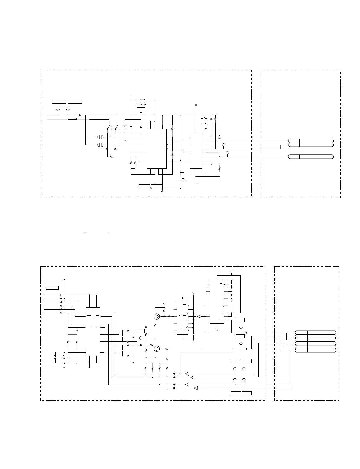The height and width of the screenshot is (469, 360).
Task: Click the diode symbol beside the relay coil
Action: [x=140, y=127]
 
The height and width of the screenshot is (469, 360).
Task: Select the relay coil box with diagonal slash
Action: [x=125, y=127]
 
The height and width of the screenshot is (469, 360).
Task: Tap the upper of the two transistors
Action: [x=157, y=316]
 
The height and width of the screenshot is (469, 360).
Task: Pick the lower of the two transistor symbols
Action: [x=157, y=349]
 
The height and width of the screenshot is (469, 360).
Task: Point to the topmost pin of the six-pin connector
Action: [x=316, y=333]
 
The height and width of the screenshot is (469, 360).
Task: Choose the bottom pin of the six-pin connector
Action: [x=316, y=350]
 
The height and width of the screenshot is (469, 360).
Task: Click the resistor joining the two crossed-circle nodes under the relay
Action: [x=111, y=157]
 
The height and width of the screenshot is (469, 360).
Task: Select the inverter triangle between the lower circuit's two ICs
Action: [x=199, y=317]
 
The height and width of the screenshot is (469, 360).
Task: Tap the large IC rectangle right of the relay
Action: [x=157, y=149]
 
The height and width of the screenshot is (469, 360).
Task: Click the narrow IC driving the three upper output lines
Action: [x=196, y=151]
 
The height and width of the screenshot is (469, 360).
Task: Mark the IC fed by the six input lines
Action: [x=93, y=332]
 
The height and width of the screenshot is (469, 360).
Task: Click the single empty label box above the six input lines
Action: [x=52, y=288]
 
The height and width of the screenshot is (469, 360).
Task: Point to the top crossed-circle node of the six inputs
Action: [x=61, y=295]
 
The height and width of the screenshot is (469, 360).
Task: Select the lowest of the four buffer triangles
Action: [x=196, y=388]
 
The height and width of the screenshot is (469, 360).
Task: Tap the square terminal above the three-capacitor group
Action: [x=131, y=95]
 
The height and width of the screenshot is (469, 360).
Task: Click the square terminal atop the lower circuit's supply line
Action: [x=64, y=280]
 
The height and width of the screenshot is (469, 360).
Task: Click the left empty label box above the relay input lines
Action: [x=59, y=102]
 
